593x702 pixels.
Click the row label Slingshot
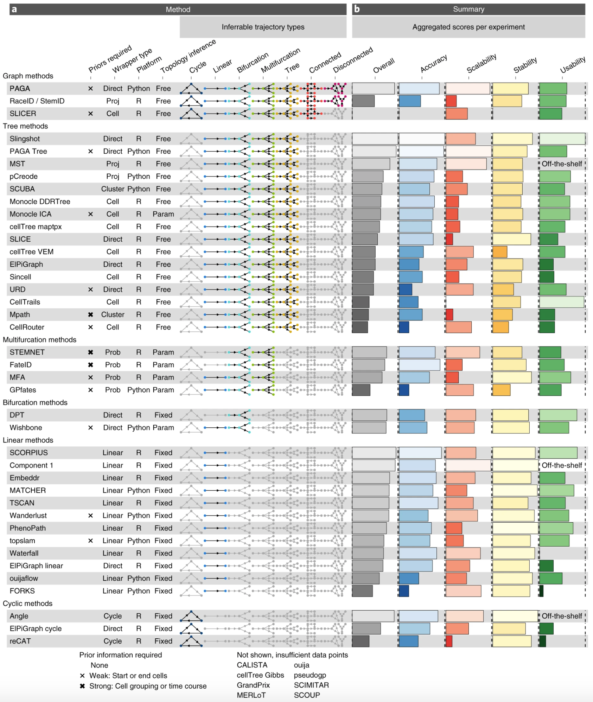(25, 139)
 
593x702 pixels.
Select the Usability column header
(572, 65)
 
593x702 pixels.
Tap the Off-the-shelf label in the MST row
(562, 164)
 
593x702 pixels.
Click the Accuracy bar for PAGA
(419, 89)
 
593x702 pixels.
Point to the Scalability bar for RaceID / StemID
(451, 101)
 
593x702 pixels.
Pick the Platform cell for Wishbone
(139, 428)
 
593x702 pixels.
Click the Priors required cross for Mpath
(90, 315)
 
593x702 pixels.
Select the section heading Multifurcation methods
(40, 340)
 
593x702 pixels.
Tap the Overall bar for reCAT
(361, 641)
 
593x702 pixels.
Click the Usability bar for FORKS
(541, 591)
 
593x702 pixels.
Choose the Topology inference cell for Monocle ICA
(163, 214)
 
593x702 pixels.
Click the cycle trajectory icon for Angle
(191, 616)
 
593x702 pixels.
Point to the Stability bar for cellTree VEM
(499, 252)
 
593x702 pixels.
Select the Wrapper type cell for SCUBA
(113, 189)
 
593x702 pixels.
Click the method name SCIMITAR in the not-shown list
(311, 685)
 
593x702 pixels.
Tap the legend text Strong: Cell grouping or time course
(148, 686)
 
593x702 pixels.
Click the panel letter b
(357, 9)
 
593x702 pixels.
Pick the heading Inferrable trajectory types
(263, 27)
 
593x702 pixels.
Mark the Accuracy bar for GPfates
(404, 390)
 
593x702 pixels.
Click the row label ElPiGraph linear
(36, 566)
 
